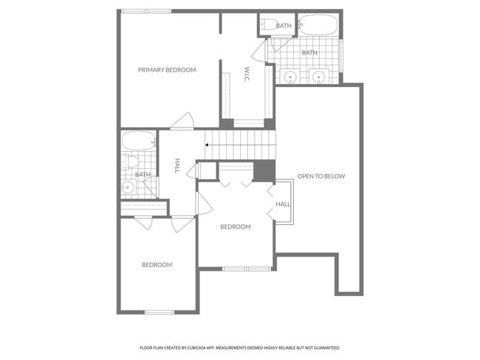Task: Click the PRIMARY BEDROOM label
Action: point(167,70)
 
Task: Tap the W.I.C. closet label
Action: point(247,75)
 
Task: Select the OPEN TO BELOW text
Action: point(320,176)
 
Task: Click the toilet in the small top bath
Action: point(267,24)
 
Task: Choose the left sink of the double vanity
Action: point(291,75)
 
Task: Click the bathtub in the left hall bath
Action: point(138,140)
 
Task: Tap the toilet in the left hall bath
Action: point(128,162)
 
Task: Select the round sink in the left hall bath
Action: point(128,187)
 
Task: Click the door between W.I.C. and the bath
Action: point(259,50)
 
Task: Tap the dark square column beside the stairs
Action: point(264,170)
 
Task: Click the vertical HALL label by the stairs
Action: point(177,167)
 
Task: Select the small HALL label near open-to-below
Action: point(283,204)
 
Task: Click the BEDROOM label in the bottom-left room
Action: point(157,265)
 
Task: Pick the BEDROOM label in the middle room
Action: point(236,226)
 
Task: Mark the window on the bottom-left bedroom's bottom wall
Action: point(159,312)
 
